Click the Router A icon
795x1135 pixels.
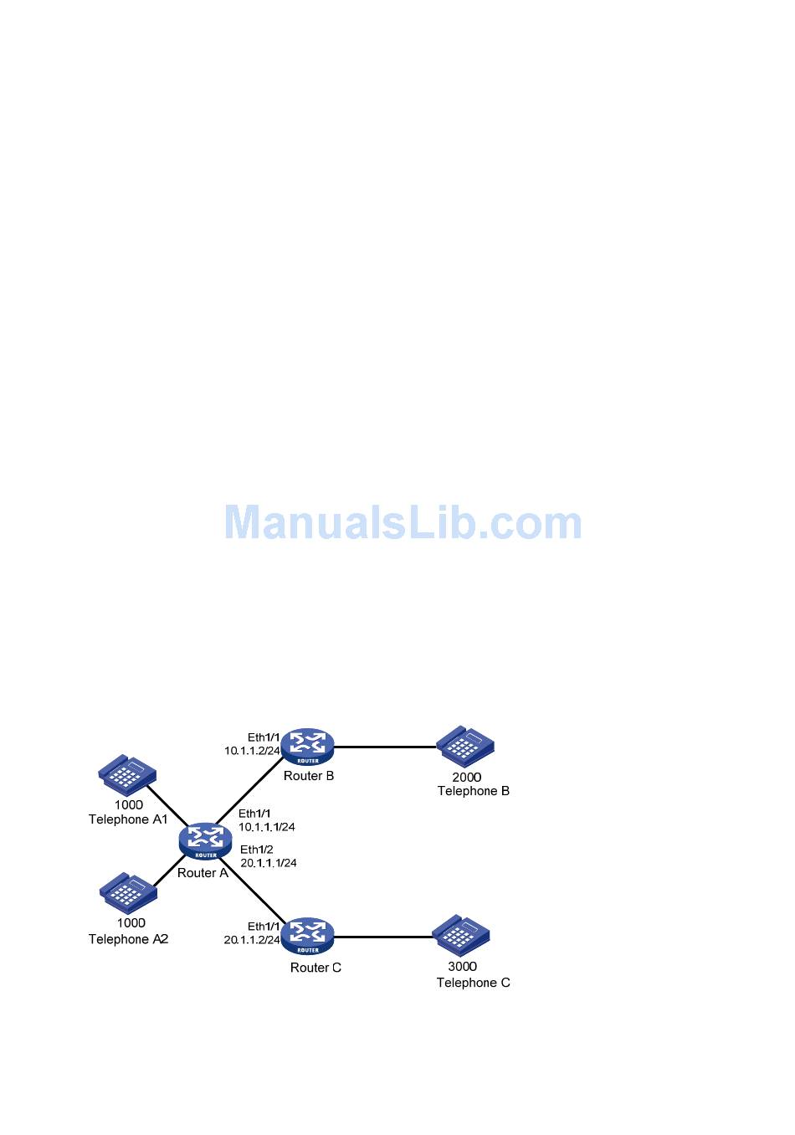205,840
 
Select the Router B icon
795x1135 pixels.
307,746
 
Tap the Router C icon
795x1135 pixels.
307,936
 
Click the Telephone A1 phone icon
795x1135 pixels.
127,775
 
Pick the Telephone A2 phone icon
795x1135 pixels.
128,892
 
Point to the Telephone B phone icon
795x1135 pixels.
465,746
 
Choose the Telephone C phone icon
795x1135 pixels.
461,935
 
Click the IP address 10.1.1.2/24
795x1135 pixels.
252,751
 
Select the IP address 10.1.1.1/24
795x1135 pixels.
266,827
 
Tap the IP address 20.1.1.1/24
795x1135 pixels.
268,862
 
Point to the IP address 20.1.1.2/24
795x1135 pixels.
252,940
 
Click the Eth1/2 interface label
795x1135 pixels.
256,849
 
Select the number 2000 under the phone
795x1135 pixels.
467,777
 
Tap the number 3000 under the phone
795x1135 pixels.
462,966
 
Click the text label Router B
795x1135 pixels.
309,776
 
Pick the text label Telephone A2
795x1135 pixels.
128,939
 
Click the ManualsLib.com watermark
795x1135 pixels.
403,522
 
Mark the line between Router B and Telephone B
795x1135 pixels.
385,747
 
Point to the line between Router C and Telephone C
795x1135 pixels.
383,937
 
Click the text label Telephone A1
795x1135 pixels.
128,819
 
